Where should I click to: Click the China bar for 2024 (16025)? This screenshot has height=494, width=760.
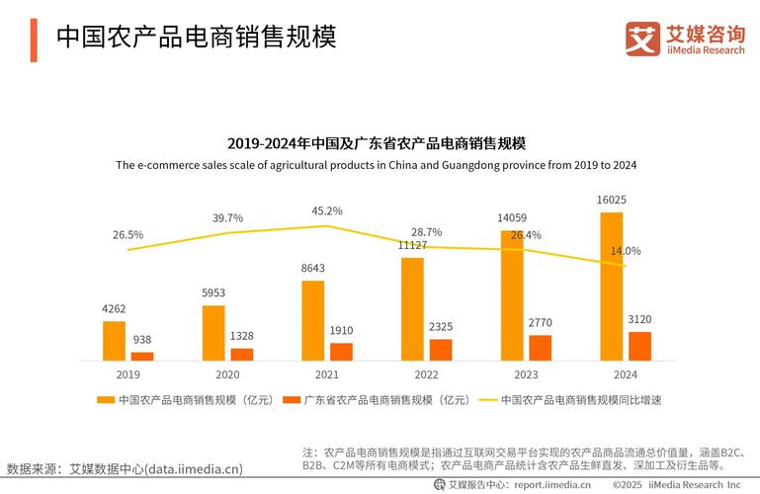612,287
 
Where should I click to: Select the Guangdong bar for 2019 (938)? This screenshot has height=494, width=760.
143,356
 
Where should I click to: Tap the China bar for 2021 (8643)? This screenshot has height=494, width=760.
313,321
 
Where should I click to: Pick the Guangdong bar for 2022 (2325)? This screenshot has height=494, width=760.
441,350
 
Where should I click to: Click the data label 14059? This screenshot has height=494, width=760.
511,217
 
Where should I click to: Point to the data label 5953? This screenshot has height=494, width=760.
213,292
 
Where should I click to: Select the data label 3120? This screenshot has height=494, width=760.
639,319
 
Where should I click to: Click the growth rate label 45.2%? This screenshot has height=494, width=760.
327,211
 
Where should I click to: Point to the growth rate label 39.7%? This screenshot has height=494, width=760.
227,217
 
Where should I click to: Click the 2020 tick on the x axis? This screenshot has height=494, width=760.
227,375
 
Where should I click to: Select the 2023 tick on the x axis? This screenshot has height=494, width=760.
526,375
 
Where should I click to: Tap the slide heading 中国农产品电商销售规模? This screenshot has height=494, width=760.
196,37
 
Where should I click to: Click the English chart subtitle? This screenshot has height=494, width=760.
376,165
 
